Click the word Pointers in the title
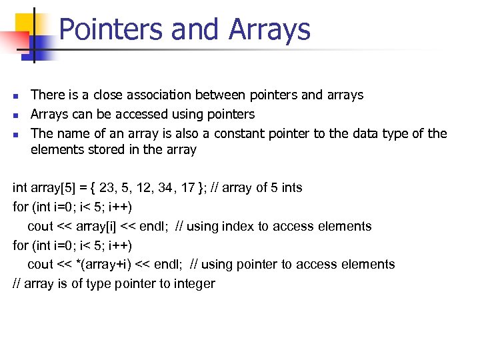[x=110, y=29]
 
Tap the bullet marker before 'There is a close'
[x=15, y=96]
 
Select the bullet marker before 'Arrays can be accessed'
[x=15, y=115]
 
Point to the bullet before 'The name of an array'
[x=15, y=134]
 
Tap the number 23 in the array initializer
[x=107, y=187]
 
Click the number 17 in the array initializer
[x=189, y=187]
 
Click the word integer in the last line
[x=193, y=283]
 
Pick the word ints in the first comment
[x=292, y=187]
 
